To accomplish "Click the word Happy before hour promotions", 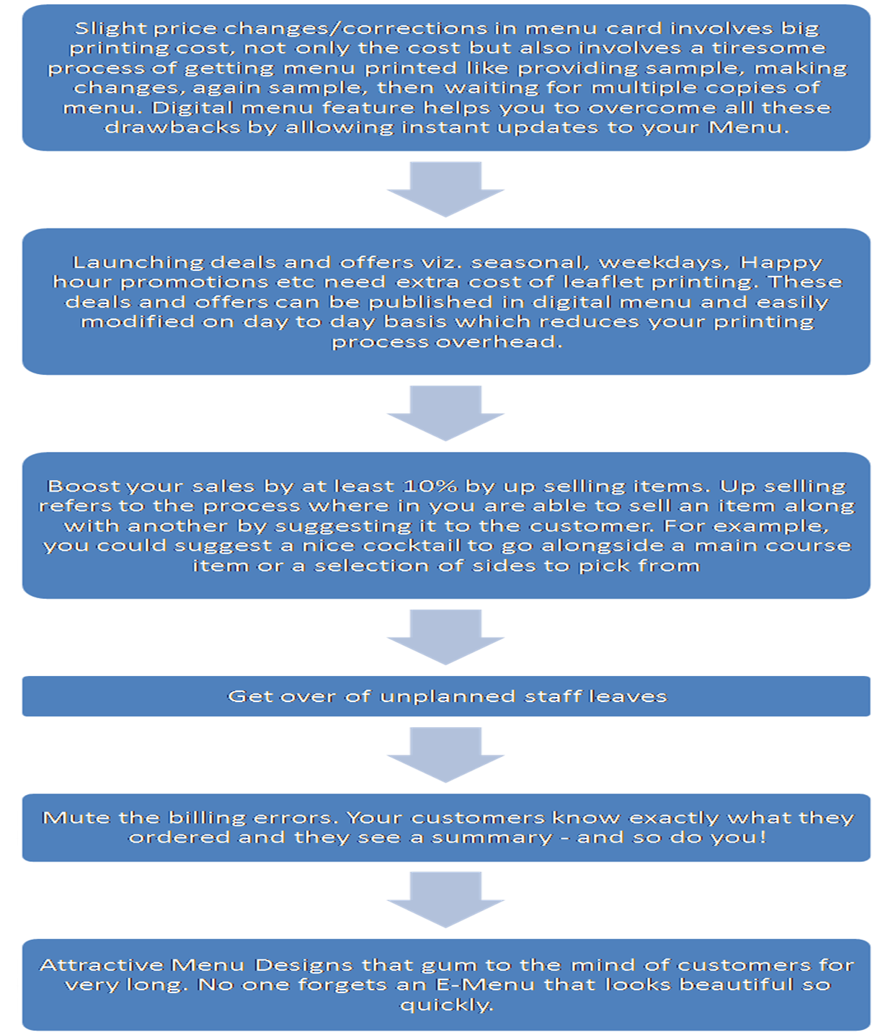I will pos(781,262).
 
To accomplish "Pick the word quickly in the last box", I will pos(446,1005).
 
